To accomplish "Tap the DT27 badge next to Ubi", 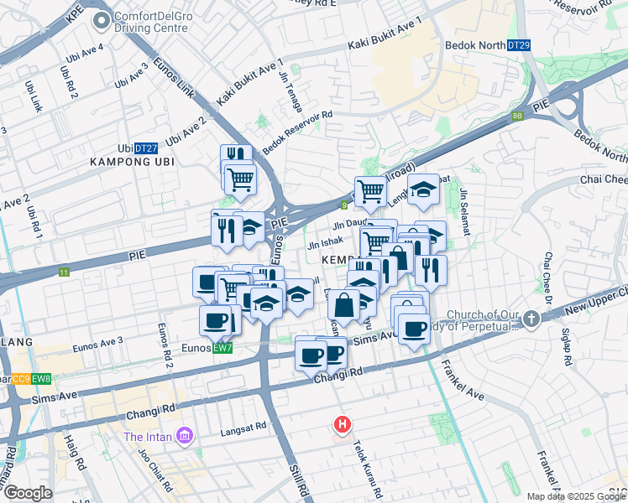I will (x=146, y=147).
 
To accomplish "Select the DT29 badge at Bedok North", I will (x=519, y=45).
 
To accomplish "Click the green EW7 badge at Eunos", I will (x=222, y=347).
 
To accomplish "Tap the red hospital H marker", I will (x=342, y=425).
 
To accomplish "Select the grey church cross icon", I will (x=531, y=319).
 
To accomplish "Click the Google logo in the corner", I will (x=28, y=493).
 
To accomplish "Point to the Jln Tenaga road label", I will (x=286, y=85).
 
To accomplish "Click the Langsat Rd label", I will (x=242, y=432).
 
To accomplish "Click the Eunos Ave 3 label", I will (x=97, y=340).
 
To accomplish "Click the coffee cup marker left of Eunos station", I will (x=216, y=320).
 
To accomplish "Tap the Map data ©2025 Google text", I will (x=576, y=496).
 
